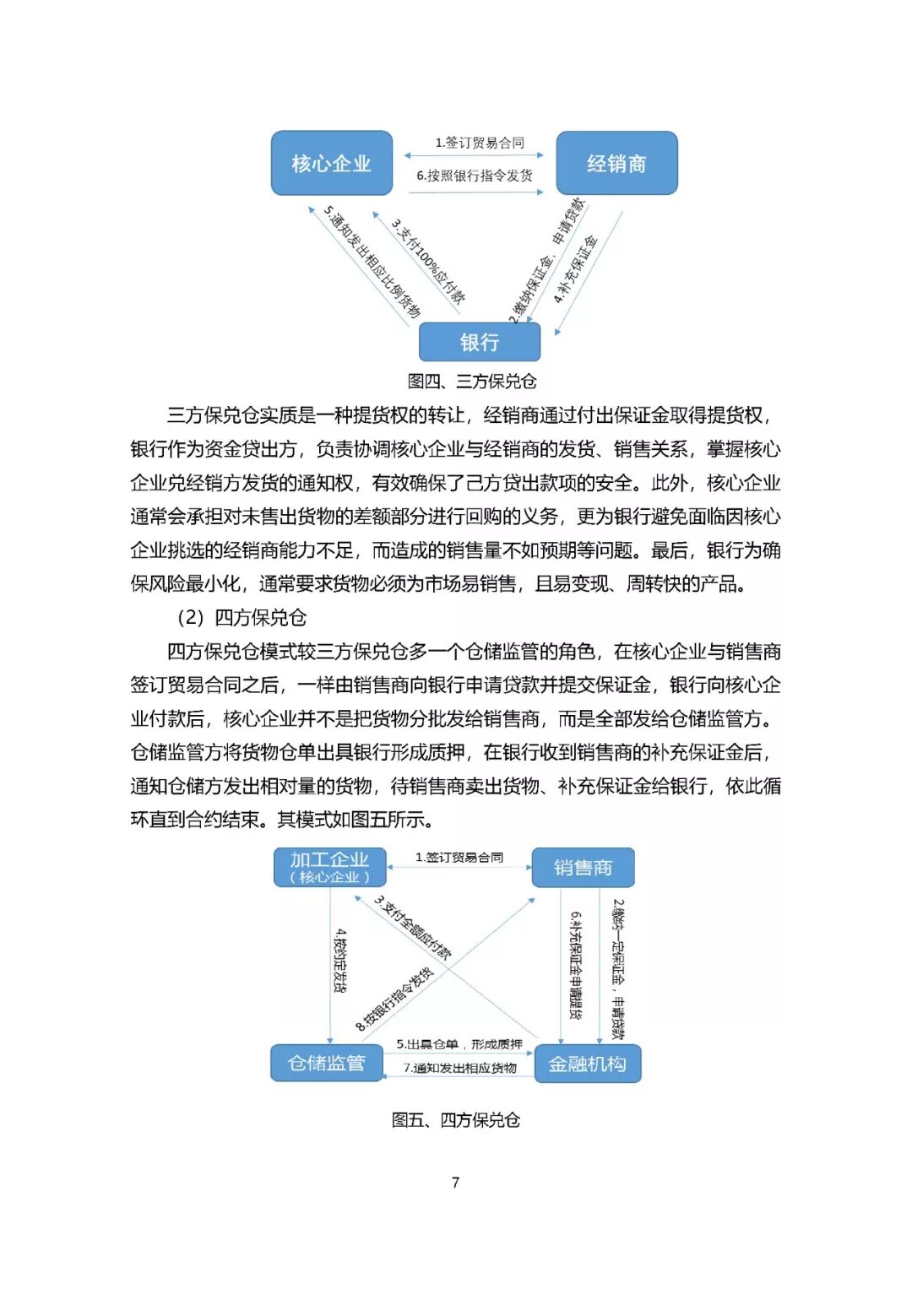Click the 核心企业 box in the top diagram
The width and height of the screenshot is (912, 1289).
coord(331,163)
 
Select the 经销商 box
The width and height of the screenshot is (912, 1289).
coord(616,163)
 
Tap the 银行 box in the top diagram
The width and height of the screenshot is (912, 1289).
coord(479,342)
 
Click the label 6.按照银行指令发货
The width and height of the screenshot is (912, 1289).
coord(475,176)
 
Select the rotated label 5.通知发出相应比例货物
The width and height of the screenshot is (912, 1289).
coord(372,263)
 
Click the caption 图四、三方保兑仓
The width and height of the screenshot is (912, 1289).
coord(472,382)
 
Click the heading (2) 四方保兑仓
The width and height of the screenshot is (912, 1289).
coord(241,617)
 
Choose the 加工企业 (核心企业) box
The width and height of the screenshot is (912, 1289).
coord(330,867)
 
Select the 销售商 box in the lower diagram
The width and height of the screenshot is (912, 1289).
coord(583,867)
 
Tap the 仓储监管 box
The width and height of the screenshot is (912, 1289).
coord(327,1063)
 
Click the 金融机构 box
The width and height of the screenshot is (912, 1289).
coord(588,1064)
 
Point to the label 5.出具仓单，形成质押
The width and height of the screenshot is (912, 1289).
coord(459,1044)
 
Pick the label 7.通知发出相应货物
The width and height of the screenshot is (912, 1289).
coord(460,1068)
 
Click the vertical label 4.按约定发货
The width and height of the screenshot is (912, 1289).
coord(340,961)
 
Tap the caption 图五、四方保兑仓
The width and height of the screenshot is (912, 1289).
coord(456,1120)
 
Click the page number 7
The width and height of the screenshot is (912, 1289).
coord(456,1183)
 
